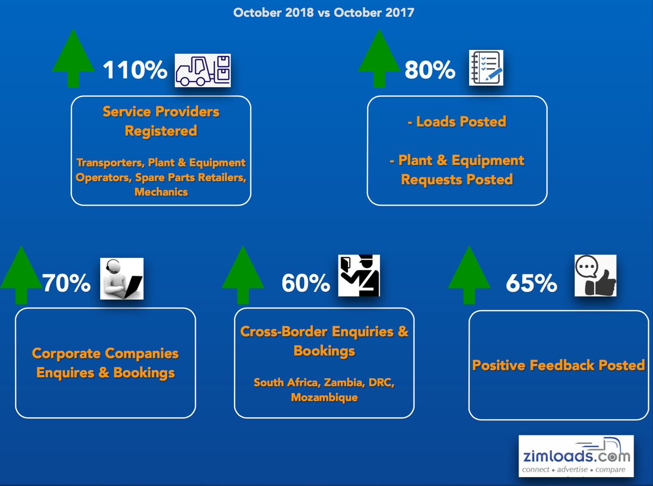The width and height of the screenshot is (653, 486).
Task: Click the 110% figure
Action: click(135, 70)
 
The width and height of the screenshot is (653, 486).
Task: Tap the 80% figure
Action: click(430, 70)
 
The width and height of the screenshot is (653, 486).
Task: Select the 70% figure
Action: click(66, 283)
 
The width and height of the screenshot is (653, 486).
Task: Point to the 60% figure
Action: click(306, 283)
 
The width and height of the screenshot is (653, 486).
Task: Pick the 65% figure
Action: click(532, 283)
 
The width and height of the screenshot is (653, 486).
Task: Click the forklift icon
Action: click(202, 70)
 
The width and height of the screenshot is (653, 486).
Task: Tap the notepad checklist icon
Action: click(486, 67)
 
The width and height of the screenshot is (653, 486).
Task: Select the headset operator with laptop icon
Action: click(122, 279)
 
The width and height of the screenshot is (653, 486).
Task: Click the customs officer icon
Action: click(359, 275)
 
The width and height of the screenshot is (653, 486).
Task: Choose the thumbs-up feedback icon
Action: click(595, 275)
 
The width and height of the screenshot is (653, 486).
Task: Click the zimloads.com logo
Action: click(576, 456)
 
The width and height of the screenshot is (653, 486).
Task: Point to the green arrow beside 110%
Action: click(73, 58)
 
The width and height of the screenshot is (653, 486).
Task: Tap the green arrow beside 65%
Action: click(469, 275)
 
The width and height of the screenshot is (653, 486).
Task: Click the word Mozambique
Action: click(324, 397)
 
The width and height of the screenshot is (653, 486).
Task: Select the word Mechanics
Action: click(161, 192)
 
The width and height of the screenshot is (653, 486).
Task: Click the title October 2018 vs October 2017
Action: click(324, 13)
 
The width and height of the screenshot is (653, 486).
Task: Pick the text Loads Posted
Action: click(461, 121)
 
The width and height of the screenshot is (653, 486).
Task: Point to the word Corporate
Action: click(66, 353)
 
